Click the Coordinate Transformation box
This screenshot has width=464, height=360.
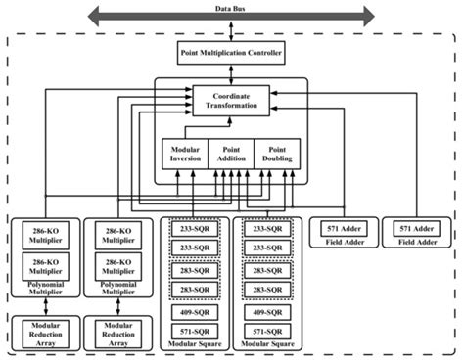[232, 99]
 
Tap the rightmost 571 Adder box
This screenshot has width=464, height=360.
[415, 229]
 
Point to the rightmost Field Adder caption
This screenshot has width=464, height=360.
[415, 242]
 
